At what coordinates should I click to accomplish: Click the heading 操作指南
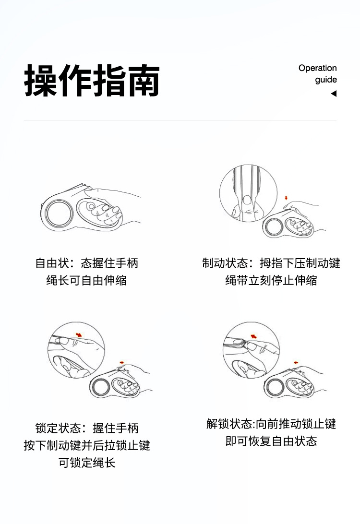tap(92, 81)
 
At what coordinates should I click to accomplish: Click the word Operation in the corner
tap(318, 68)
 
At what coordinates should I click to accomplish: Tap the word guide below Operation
tap(326, 80)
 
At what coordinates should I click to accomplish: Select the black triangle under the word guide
tap(334, 94)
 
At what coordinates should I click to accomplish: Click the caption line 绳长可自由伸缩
tap(86, 280)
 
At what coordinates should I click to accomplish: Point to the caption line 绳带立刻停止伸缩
tap(271, 280)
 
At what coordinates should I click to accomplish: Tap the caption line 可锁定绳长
tap(87, 463)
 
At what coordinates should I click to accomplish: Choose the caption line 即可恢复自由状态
tap(271, 441)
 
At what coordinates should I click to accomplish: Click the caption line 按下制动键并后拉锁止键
tap(87, 445)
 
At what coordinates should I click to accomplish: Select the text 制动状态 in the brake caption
tap(225, 263)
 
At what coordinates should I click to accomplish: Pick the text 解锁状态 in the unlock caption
tap(229, 424)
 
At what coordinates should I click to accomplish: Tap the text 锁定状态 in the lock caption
tap(58, 428)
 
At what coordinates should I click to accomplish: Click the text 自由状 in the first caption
tap(52, 263)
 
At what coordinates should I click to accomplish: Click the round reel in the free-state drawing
tap(60, 213)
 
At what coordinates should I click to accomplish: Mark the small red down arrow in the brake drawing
tap(286, 198)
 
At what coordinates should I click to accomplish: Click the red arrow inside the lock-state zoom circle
tap(79, 334)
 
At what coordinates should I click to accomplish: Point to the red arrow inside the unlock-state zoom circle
tap(254, 336)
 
